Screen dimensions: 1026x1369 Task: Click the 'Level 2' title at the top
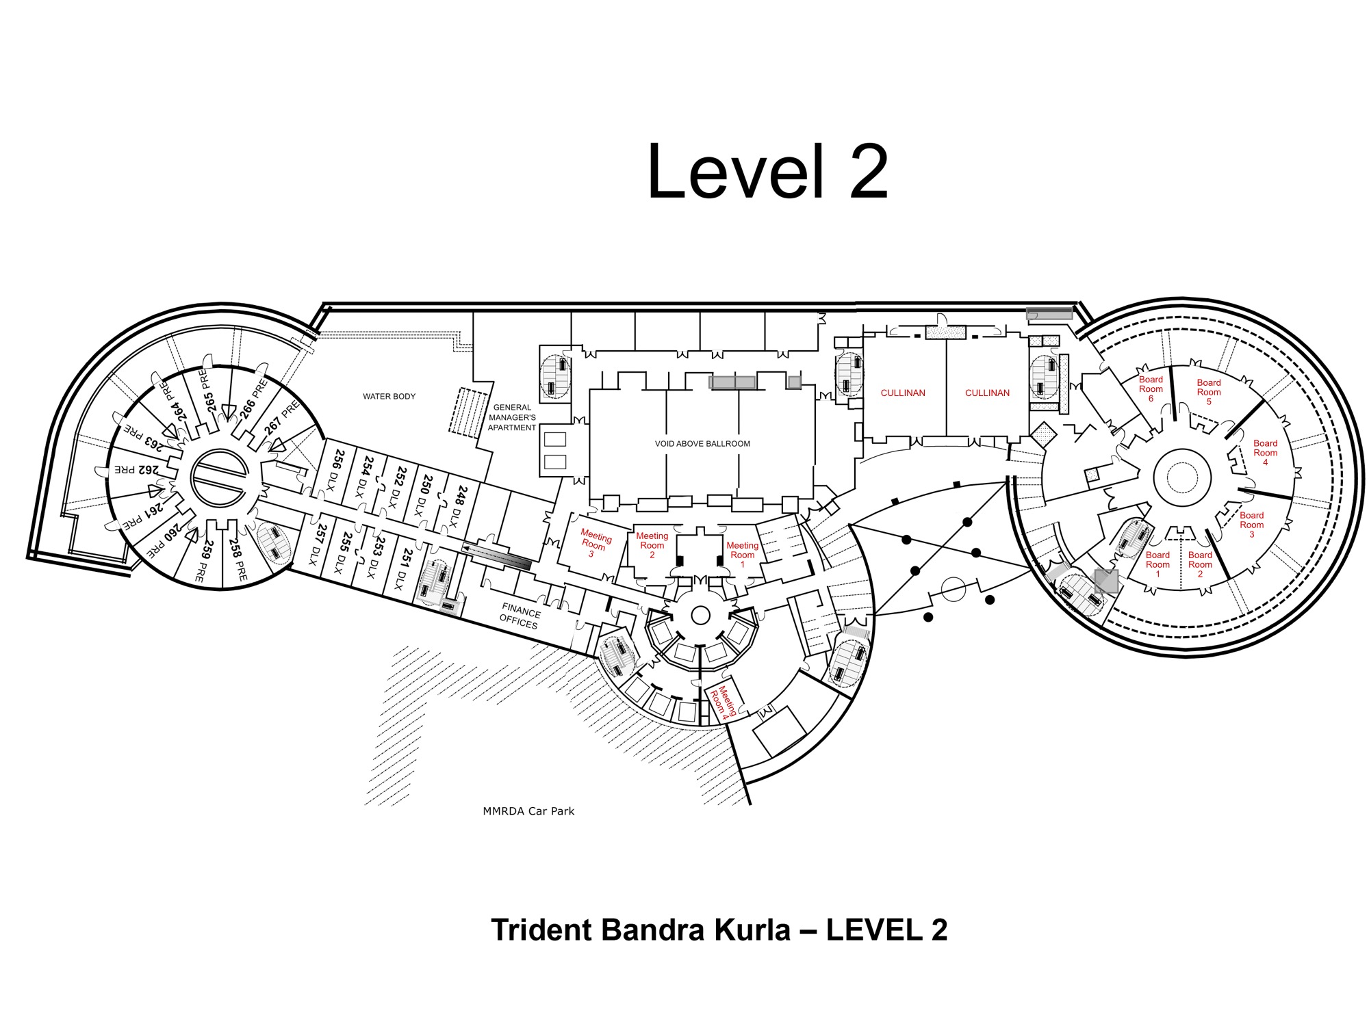(x=767, y=172)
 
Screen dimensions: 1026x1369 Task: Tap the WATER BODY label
(x=389, y=396)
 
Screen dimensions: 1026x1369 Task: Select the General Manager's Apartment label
(x=512, y=417)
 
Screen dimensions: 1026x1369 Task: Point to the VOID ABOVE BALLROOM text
(x=702, y=443)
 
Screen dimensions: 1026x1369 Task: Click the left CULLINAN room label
(x=903, y=393)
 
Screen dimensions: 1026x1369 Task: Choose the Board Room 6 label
(x=1151, y=389)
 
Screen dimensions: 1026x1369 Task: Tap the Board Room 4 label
(x=1265, y=452)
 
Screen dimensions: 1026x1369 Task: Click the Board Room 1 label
(x=1157, y=564)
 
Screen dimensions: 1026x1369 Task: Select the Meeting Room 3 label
(x=593, y=544)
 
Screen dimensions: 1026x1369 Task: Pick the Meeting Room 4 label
(x=722, y=701)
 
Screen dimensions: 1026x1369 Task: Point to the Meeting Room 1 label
(x=742, y=554)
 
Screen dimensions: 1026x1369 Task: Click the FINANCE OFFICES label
(x=520, y=616)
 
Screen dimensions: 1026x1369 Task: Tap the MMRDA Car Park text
(x=528, y=811)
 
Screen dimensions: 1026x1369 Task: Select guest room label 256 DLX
(x=335, y=467)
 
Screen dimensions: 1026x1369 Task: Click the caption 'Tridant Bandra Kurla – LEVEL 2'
(x=719, y=930)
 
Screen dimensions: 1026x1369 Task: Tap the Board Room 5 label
(x=1208, y=392)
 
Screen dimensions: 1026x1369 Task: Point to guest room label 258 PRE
(x=238, y=559)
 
